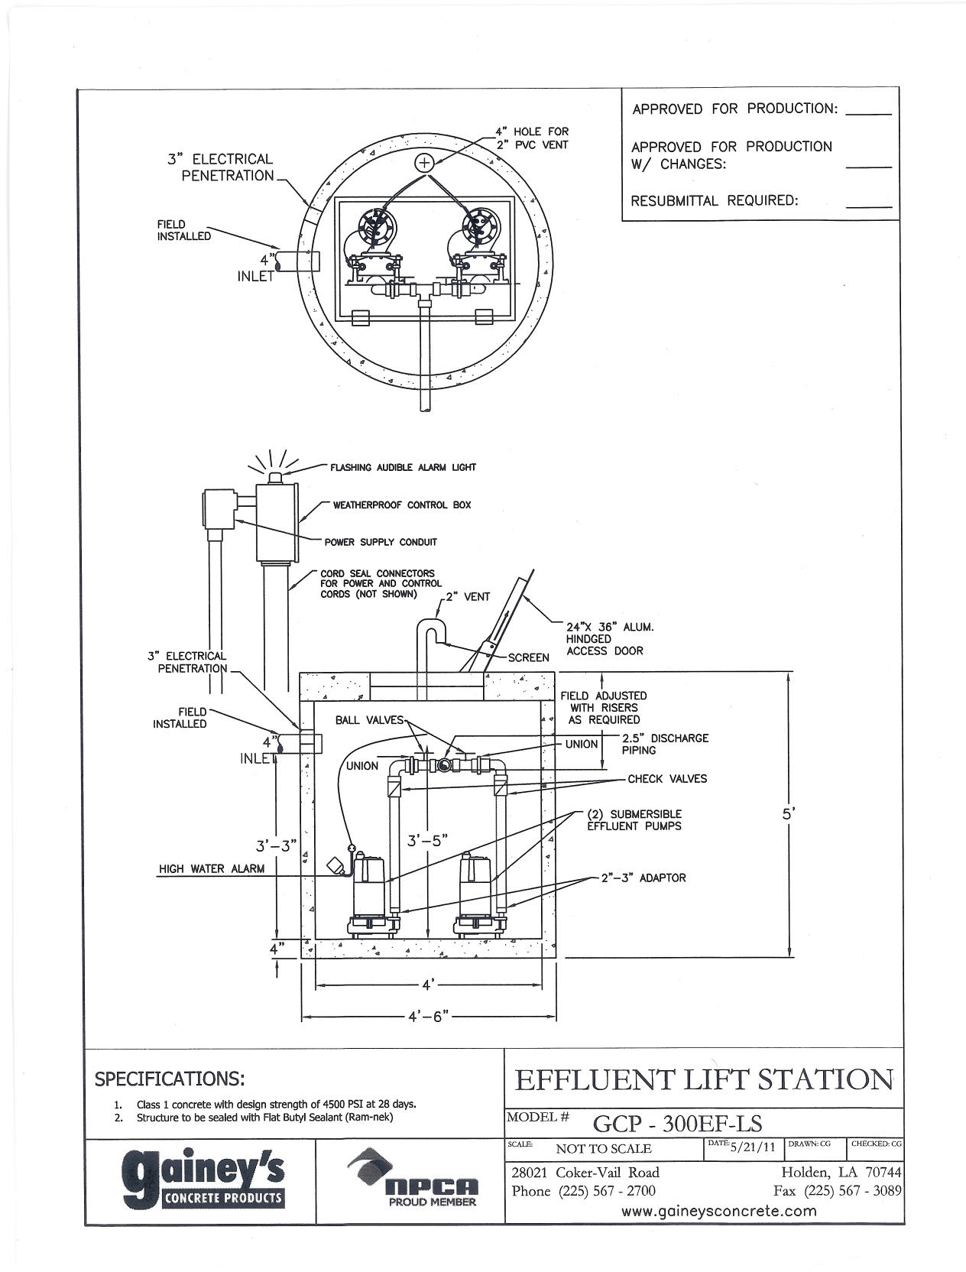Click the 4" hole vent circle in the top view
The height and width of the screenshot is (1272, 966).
tap(424, 162)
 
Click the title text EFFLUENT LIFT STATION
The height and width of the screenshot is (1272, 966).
tap(704, 1080)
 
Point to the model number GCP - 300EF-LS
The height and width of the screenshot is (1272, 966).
tap(678, 1123)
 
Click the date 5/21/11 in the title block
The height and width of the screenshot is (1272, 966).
tap(753, 1147)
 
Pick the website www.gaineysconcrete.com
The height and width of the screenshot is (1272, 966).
tap(719, 1211)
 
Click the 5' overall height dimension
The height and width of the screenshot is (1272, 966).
tap(789, 814)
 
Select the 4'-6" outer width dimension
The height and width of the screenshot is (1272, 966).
tap(428, 1017)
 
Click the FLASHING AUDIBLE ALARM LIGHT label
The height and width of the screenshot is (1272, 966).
tap(403, 467)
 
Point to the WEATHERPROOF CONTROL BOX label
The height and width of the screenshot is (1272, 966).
tap(402, 505)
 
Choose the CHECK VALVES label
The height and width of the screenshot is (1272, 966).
tap(667, 779)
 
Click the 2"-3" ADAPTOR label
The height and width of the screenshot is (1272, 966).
tap(643, 878)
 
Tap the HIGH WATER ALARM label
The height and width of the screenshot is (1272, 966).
tap(212, 868)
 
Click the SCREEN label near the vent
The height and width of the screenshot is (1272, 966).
tap(529, 657)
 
